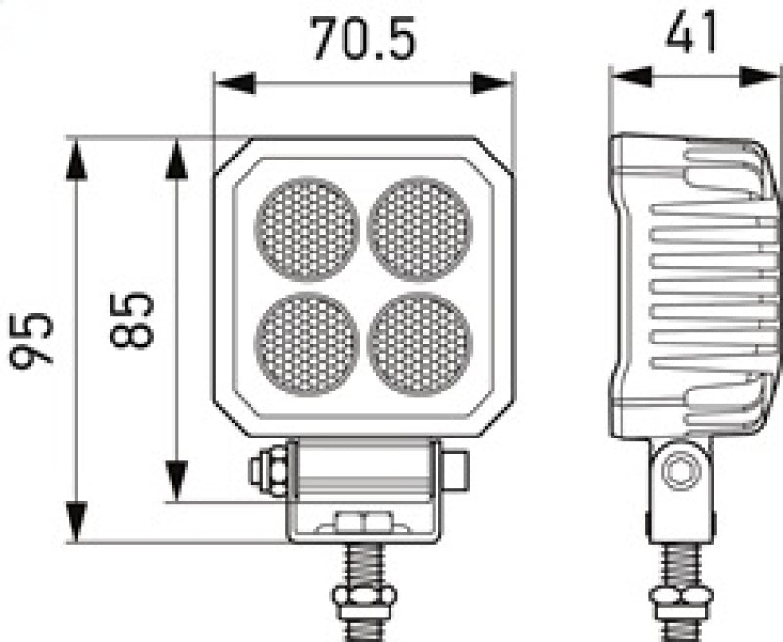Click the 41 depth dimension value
click(691, 32)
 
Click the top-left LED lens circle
click(306, 229)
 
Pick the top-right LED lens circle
click(421, 229)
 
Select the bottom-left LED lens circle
click(306, 343)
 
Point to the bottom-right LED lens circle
click(421, 343)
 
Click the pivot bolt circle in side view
click(678, 472)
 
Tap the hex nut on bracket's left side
click(267, 467)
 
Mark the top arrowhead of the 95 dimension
click(76, 158)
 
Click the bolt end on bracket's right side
click(454, 467)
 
